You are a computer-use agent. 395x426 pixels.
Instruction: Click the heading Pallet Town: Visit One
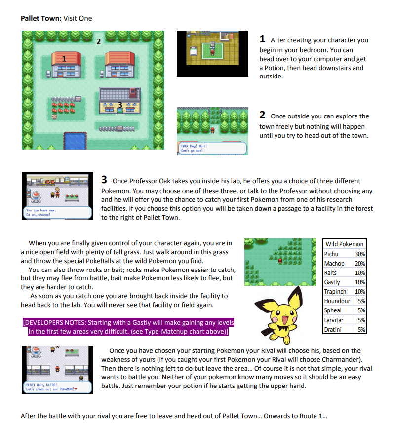click(x=56, y=19)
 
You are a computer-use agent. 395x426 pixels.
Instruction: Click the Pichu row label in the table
click(x=332, y=254)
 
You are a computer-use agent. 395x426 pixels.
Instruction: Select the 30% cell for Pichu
click(x=359, y=254)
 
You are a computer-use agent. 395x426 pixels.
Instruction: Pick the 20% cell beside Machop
click(x=359, y=263)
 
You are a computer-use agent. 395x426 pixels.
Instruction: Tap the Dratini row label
click(x=334, y=329)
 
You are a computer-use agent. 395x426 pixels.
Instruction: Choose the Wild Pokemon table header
click(x=345, y=244)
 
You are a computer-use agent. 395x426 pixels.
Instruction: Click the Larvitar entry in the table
click(x=334, y=320)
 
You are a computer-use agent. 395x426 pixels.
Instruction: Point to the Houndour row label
click(x=337, y=301)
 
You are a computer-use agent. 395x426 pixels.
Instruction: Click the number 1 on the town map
click(x=64, y=59)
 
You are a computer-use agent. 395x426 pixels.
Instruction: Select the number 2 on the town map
click(x=98, y=41)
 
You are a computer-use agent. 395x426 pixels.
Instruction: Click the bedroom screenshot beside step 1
click(x=213, y=52)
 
